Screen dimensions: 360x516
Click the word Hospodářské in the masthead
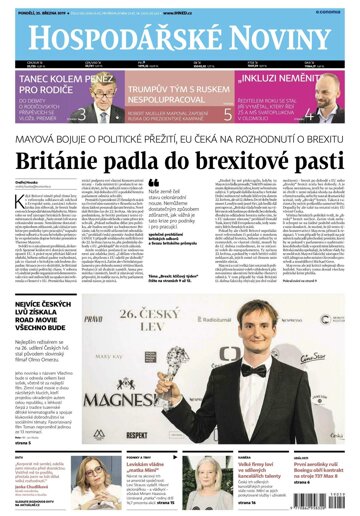pos(110,37)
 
